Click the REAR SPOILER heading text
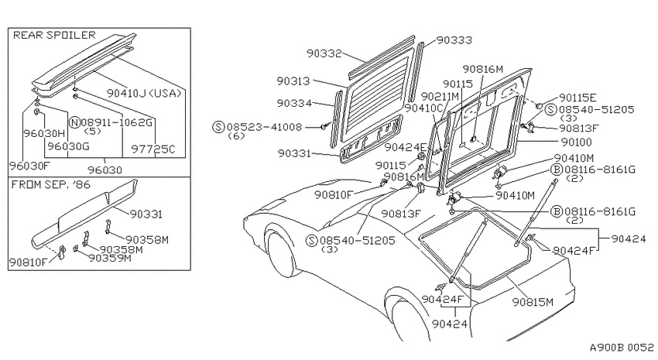click(54, 35)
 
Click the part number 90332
click(324, 53)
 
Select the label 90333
click(454, 40)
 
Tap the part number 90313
click(293, 81)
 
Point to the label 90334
click(294, 103)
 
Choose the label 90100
click(576, 142)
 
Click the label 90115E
click(577, 98)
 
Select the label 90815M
click(533, 302)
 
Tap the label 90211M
click(440, 97)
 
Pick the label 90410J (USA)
click(144, 93)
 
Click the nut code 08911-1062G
click(117, 122)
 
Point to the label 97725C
click(153, 149)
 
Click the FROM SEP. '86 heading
click(51, 184)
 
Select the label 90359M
click(110, 258)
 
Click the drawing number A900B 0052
click(622, 348)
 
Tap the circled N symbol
click(74, 122)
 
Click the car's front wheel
click(280, 254)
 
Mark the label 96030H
click(44, 133)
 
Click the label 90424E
click(406, 147)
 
